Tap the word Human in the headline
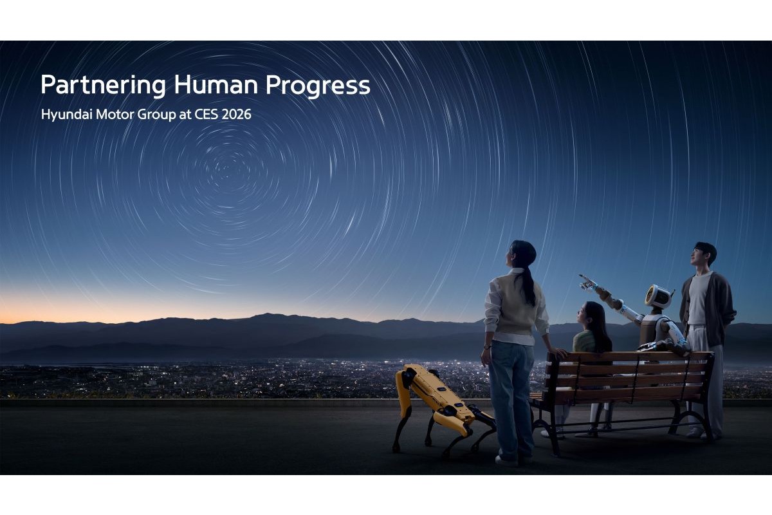(216, 84)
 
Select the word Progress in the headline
(318, 86)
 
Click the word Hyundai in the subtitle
(66, 115)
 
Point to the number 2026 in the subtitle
(236, 114)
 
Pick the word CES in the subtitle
(206, 114)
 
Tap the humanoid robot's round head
(659, 296)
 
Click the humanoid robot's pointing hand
(587, 283)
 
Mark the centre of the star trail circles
(226, 170)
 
